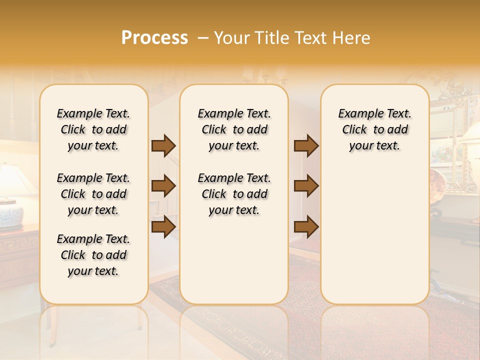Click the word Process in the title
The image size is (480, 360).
click(154, 38)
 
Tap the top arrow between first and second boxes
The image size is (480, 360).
click(163, 145)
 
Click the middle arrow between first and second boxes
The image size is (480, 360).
click(163, 186)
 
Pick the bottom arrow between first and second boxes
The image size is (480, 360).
click(163, 226)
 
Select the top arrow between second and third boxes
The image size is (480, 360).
click(306, 145)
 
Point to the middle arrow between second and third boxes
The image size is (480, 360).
click(306, 186)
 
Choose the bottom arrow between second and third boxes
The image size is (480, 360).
click(306, 226)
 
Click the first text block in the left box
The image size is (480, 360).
click(93, 129)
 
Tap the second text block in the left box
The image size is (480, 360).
click(93, 194)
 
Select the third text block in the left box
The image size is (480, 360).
click(93, 255)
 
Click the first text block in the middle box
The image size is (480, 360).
click(234, 129)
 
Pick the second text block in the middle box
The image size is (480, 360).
click(234, 194)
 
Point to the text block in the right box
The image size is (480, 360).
click(374, 129)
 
